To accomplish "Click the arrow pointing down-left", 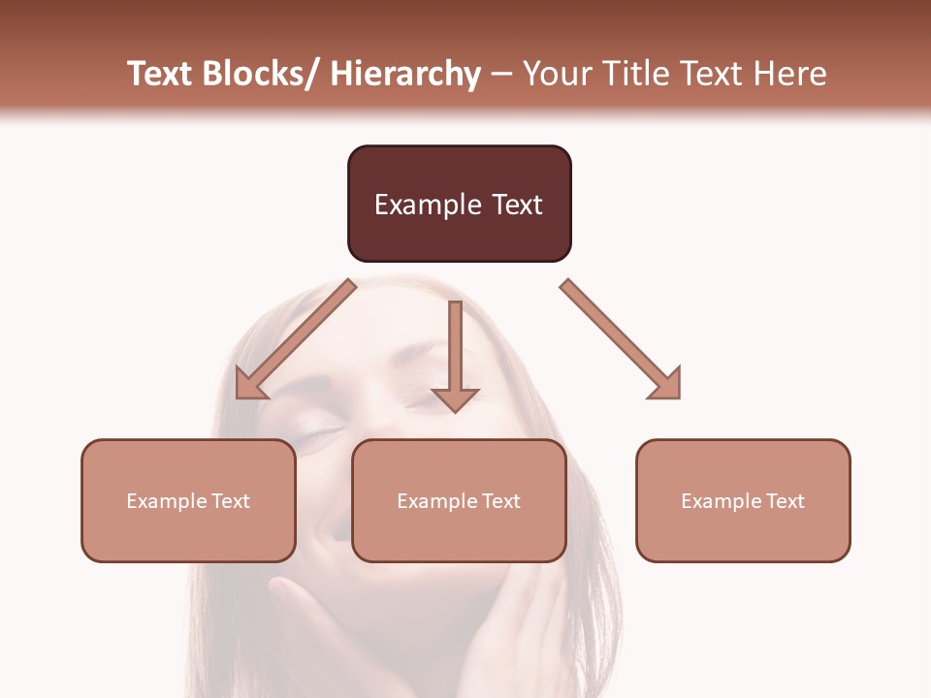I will [296, 339].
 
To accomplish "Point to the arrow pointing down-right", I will [621, 339].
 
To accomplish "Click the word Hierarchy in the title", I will [405, 74].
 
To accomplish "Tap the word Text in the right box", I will [787, 501].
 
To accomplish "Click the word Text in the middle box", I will [502, 501].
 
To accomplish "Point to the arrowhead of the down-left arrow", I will [248, 386].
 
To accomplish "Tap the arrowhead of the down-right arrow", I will [667, 385].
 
